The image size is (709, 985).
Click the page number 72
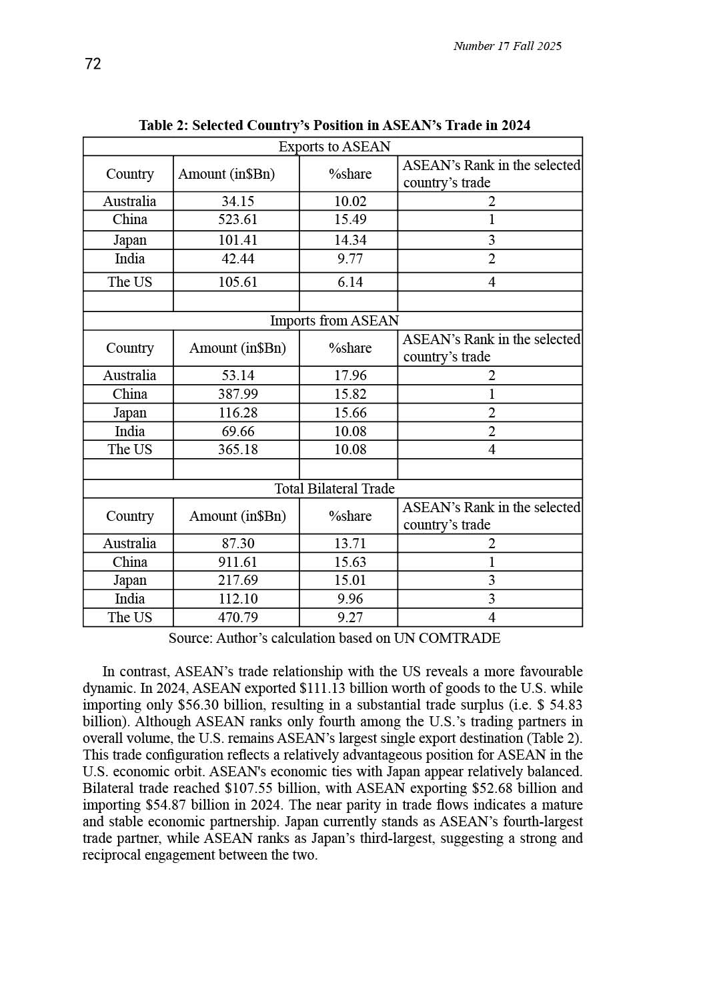tap(93, 64)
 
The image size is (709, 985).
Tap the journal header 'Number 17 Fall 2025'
tap(507, 46)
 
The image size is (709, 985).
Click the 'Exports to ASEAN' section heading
tap(334, 147)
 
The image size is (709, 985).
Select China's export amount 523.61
tap(237, 220)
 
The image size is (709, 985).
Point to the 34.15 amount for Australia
tap(237, 201)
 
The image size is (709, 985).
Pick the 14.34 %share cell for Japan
tap(350, 240)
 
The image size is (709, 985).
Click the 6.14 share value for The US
tap(350, 282)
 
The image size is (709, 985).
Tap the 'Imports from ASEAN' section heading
tap(334, 321)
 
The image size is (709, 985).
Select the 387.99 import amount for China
tap(237, 394)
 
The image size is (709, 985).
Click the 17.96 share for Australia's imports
tap(350, 375)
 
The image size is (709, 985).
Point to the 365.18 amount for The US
tap(237, 449)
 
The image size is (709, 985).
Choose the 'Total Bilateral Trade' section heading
tap(334, 489)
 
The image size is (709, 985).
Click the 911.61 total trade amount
tap(237, 562)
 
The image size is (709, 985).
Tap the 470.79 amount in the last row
tap(237, 618)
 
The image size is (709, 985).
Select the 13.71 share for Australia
tap(350, 544)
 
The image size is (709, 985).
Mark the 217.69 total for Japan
tap(237, 580)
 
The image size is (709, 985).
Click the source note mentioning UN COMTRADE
tap(334, 638)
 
